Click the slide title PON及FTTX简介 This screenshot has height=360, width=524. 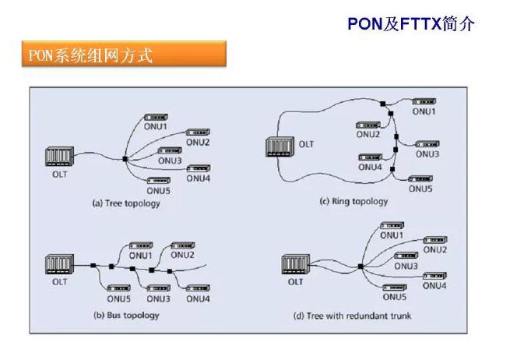tap(410, 24)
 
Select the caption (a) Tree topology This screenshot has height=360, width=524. tap(125, 203)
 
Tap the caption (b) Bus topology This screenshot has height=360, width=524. tap(125, 315)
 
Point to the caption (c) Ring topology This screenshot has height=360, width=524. tap(353, 201)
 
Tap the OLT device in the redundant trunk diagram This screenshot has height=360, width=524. tap(293, 265)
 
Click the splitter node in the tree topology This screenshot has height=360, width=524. tap(125, 160)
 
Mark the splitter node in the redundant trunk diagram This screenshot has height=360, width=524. tap(360, 266)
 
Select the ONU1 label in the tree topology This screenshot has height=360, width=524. tap(155, 125)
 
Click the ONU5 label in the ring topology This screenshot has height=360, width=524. tap(420, 189)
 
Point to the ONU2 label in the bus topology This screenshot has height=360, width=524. tap(182, 255)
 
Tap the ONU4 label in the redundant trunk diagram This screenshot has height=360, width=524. tap(434, 286)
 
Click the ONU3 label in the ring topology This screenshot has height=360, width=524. tap(427, 154)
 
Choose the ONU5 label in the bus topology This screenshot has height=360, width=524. tap(119, 298)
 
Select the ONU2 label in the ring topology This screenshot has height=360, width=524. tap(369, 135)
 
